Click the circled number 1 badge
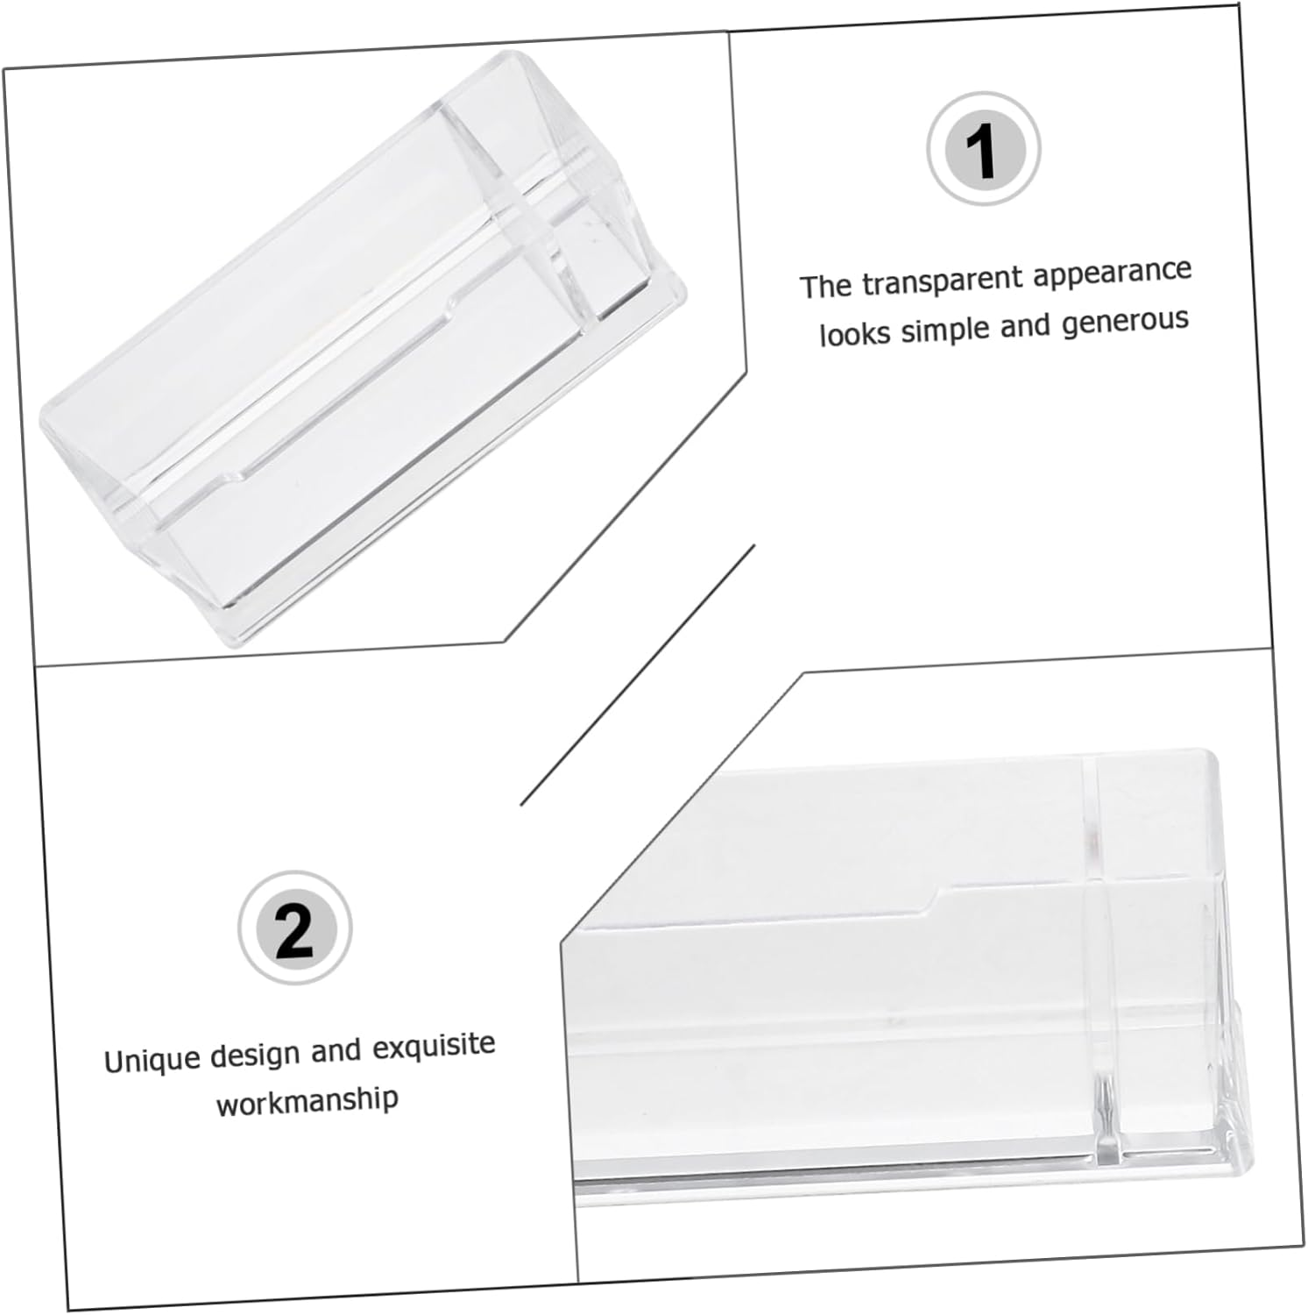(x=984, y=149)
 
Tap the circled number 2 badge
(x=294, y=928)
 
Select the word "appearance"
(x=1112, y=273)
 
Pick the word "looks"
(x=854, y=334)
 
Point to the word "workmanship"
(x=308, y=1100)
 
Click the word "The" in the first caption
(x=825, y=286)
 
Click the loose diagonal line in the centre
(x=638, y=675)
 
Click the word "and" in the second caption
(x=336, y=1052)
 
